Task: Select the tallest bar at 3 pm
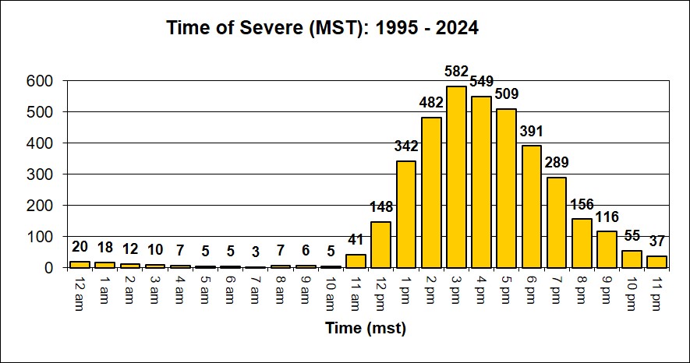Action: point(456,177)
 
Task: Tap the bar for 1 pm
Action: point(406,214)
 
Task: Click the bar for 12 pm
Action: point(381,245)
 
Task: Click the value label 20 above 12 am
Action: point(80,246)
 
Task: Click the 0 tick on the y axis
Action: point(48,267)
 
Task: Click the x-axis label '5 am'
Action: point(204,287)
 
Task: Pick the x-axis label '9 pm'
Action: point(606,287)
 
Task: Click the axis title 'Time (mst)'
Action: point(366,329)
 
